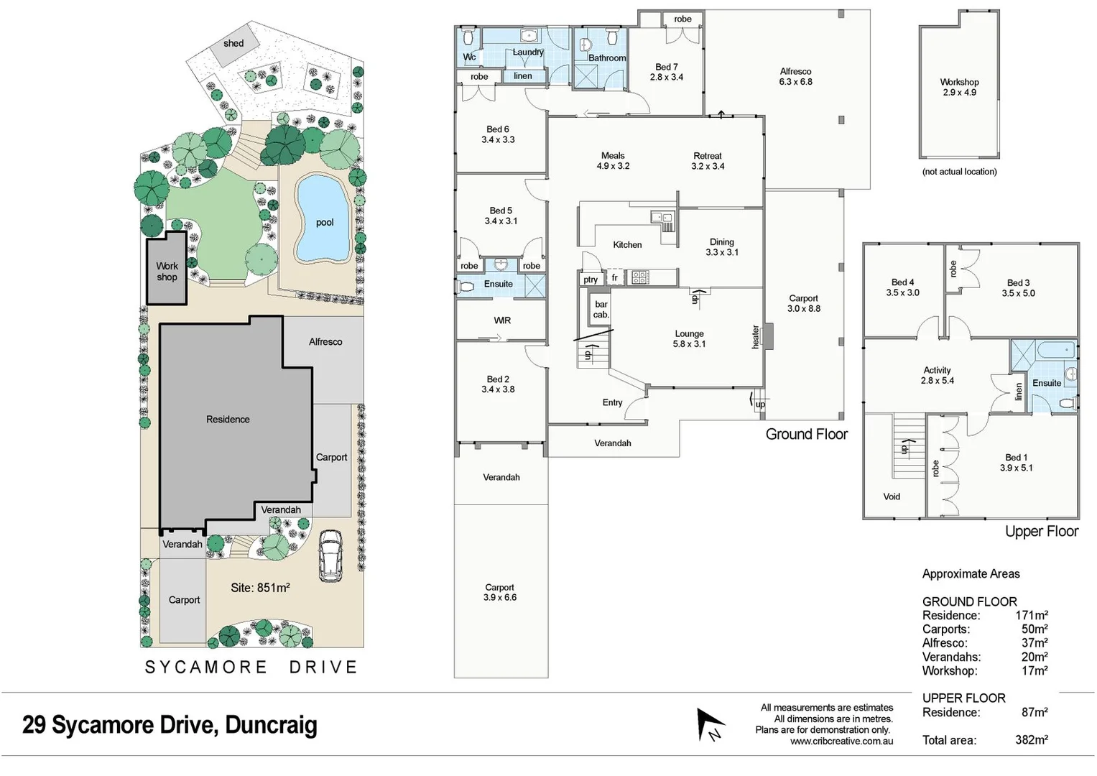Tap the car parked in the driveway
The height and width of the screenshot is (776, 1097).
pyautogui.click(x=330, y=555)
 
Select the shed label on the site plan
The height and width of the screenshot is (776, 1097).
pyautogui.click(x=233, y=43)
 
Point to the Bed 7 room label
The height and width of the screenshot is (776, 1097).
pyautogui.click(x=667, y=72)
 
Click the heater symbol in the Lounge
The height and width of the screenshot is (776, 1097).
pyautogui.click(x=768, y=336)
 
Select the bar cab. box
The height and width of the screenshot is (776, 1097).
pyautogui.click(x=601, y=310)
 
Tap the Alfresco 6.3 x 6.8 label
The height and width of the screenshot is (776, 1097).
pyautogui.click(x=795, y=76)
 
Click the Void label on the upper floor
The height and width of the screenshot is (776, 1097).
pyautogui.click(x=892, y=496)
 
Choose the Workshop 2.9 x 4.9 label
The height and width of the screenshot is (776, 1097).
pyautogui.click(x=959, y=87)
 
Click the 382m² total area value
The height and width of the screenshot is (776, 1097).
pyautogui.click(x=1031, y=740)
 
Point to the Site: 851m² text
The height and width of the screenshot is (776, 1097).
pyautogui.click(x=260, y=588)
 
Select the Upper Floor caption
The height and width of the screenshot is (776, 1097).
pyautogui.click(x=1041, y=532)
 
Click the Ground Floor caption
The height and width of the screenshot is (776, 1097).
pyautogui.click(x=806, y=434)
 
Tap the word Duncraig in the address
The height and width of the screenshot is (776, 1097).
pyautogui.click(x=271, y=725)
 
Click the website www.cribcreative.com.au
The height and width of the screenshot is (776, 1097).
pyautogui.click(x=841, y=742)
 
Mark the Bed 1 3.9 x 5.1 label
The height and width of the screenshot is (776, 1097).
pyautogui.click(x=1016, y=463)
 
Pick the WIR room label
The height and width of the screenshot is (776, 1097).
pyautogui.click(x=502, y=320)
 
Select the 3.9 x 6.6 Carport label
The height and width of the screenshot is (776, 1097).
pyautogui.click(x=499, y=592)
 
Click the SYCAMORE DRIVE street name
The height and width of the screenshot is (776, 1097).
pyautogui.click(x=251, y=668)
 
